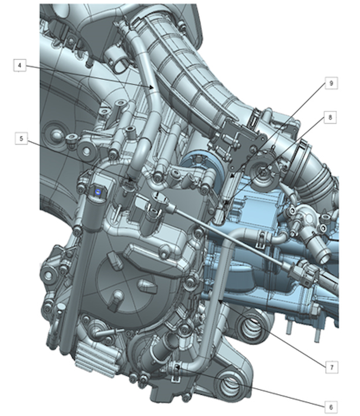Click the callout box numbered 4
(x=20, y=66)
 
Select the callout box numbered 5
(x=21, y=138)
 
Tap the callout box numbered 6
(x=331, y=407)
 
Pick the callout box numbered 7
(x=332, y=367)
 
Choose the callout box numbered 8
(x=330, y=117)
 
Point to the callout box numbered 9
(x=331, y=83)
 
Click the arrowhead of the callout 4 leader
(x=152, y=88)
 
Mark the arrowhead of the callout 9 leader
(x=232, y=175)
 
